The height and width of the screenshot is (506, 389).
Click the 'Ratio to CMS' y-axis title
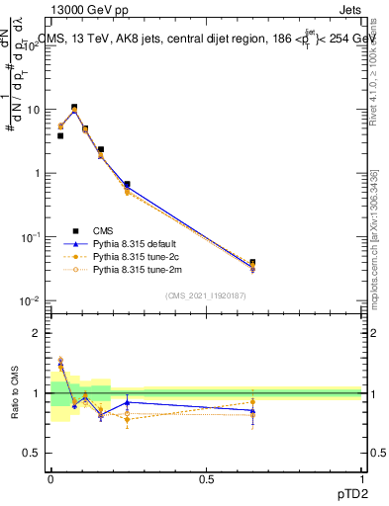click(x=15, y=394)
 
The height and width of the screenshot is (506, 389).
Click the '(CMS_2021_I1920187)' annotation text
click(x=206, y=295)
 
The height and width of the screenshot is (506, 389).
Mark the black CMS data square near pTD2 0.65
click(x=252, y=263)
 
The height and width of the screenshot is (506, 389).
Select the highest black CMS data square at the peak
click(x=74, y=108)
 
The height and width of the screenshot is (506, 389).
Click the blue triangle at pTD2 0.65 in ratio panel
click(x=252, y=410)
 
